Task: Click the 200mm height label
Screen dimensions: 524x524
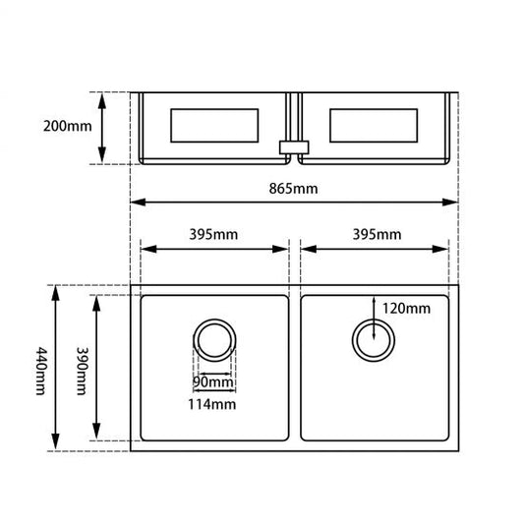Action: pos(67,126)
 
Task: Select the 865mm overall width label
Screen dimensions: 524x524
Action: pos(293,189)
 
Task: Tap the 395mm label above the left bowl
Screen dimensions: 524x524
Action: pos(213,234)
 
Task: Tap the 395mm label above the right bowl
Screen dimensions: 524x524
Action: pos(377,234)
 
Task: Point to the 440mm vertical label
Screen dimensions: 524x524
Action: pos(41,371)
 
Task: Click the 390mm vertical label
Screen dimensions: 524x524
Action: pos(82,371)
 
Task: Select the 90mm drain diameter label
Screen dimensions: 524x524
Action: pos(213,382)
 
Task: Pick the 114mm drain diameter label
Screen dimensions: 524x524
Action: pos(212,404)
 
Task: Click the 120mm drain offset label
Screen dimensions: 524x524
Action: pos(406,308)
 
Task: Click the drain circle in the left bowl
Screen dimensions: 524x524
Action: pos(214,320)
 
